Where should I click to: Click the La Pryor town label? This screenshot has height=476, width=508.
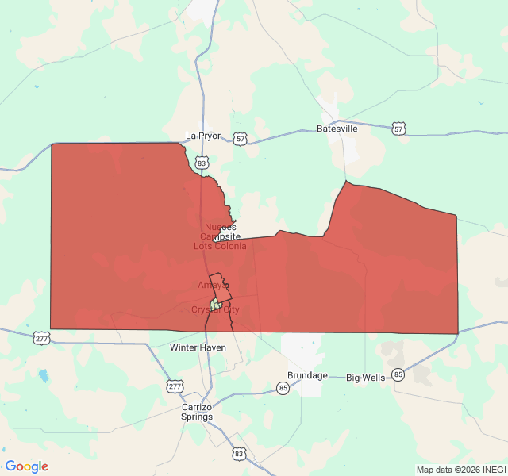coord(202,136)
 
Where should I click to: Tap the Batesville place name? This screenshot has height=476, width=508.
coord(337,129)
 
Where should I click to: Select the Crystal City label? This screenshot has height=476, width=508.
coord(215,309)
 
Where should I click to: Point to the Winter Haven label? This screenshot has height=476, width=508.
coord(198,347)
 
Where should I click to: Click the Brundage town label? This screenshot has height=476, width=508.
coord(307,375)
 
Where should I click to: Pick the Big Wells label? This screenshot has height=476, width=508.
coord(365,378)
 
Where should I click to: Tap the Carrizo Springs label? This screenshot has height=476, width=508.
coord(197,412)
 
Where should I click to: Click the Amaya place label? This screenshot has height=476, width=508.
coord(214,285)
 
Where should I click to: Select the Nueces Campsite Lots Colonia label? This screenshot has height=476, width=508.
coord(220,236)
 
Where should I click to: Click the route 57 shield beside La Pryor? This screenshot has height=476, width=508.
coord(240,139)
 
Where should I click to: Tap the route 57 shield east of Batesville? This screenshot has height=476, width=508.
coord(398,129)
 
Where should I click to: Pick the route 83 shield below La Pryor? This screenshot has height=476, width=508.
coord(203,163)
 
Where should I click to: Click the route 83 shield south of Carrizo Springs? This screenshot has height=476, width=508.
coord(239,453)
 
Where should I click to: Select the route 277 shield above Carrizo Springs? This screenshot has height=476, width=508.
coord(174,386)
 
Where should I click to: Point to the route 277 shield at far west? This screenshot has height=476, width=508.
coord(40,339)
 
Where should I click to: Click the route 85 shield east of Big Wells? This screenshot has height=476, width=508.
coord(398,374)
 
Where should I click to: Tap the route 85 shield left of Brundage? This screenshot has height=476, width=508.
coord(283,388)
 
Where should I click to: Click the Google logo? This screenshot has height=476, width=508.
coord(26,466)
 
